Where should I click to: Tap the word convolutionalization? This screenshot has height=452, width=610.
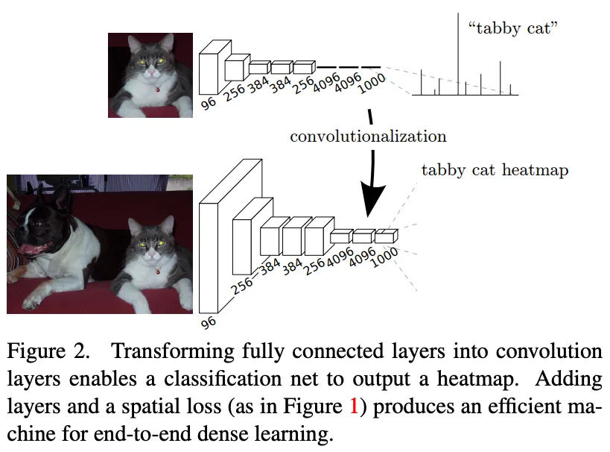[x=368, y=136]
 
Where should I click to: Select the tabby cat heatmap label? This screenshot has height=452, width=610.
[x=495, y=170]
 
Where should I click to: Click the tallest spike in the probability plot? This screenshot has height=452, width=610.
[x=458, y=52]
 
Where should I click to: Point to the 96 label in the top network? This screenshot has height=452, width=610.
[x=209, y=103]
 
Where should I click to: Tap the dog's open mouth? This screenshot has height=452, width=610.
[x=34, y=248]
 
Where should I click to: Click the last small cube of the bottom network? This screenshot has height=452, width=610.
[x=386, y=236]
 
